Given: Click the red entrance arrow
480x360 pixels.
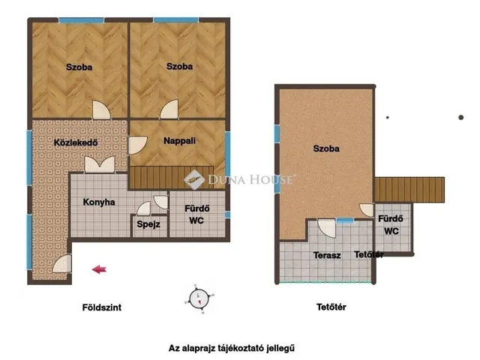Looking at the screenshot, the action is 99,269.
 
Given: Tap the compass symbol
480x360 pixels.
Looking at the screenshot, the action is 199,298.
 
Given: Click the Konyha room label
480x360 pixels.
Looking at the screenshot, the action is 99,202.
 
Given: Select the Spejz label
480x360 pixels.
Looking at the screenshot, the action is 148,224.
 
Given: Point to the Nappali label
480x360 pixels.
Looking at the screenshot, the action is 179,141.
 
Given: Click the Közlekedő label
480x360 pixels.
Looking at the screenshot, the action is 76,142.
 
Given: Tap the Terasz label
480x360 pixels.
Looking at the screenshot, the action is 327,255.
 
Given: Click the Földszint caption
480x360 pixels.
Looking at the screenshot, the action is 102,307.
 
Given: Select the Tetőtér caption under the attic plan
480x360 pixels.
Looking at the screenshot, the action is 331,307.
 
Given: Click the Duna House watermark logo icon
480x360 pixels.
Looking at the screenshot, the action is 194,180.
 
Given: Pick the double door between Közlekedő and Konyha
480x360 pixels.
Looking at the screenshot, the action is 100,165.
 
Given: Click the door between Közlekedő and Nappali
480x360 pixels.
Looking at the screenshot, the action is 137,145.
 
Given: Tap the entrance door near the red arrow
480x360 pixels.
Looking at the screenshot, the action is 62,264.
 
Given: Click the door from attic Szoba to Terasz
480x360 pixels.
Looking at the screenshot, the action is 327,228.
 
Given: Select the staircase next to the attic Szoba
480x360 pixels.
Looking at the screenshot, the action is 409,190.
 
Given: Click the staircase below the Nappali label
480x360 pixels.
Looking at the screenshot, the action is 172,178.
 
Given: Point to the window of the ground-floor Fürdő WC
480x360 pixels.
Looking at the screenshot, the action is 227,214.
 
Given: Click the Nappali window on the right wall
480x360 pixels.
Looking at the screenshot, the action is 228,154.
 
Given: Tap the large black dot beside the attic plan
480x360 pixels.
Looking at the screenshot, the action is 461,117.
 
